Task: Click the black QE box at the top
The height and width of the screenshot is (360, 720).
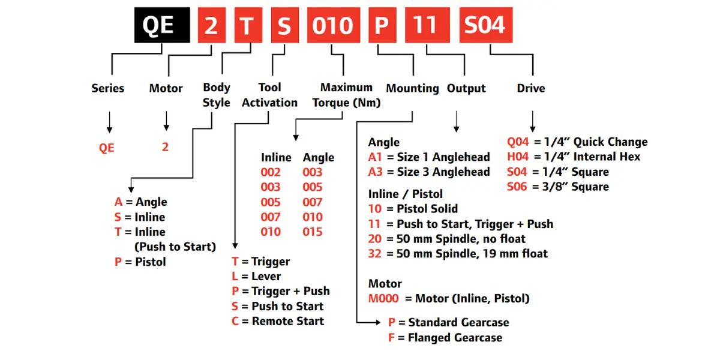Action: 158,25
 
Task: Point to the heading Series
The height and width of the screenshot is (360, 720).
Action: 108,88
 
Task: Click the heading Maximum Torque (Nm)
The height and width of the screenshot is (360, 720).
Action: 346,95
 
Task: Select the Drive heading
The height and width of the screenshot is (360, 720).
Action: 531,88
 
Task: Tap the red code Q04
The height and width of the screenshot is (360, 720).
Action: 519,142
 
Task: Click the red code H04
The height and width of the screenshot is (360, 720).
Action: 519,157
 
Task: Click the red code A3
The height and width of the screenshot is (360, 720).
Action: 376,172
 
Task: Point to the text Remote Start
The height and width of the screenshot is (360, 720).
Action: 288,321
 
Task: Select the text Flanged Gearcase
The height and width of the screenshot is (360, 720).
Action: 455,338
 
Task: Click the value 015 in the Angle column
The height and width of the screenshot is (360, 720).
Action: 313,232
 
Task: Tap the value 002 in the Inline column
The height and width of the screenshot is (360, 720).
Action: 271,172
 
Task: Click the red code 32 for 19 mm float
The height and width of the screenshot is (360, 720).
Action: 376,253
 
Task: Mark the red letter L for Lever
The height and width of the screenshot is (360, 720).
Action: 236,277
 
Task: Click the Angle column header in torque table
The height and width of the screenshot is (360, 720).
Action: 319,157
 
